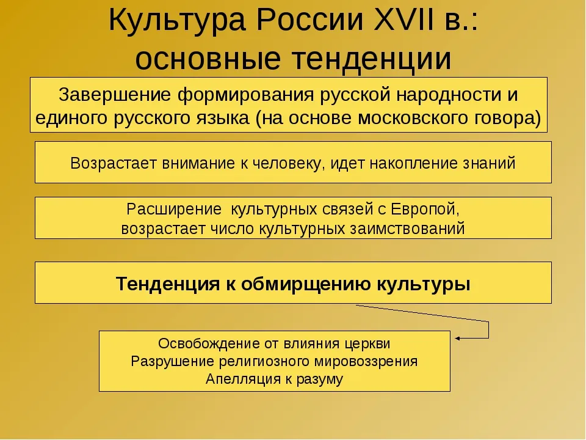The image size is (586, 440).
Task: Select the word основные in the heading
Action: tap(208, 59)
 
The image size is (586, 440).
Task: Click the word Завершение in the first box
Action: tap(115, 95)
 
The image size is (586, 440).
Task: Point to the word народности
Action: tap(448, 95)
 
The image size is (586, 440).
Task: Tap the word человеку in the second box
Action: tap(288, 164)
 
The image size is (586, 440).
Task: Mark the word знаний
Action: tap(489, 164)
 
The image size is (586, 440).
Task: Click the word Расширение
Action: tap(174, 210)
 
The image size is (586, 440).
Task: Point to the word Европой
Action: tap(425, 210)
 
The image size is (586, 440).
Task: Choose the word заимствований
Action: tap(407, 229)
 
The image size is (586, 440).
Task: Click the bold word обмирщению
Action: tap(306, 284)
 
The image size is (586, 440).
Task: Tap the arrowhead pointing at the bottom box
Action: tap(457, 338)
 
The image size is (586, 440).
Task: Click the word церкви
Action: tap(367, 344)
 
